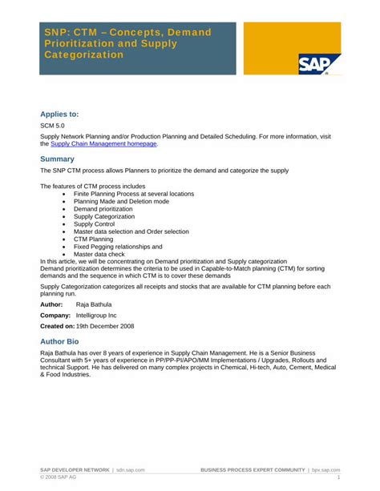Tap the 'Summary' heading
(x=57, y=159)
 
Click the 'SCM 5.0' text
(x=53, y=127)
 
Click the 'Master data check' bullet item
(x=99, y=254)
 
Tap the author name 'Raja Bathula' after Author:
(x=94, y=304)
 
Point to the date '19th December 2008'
(x=105, y=327)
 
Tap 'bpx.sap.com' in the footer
(x=326, y=469)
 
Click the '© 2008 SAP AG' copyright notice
(x=62, y=477)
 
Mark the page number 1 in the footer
(x=339, y=477)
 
